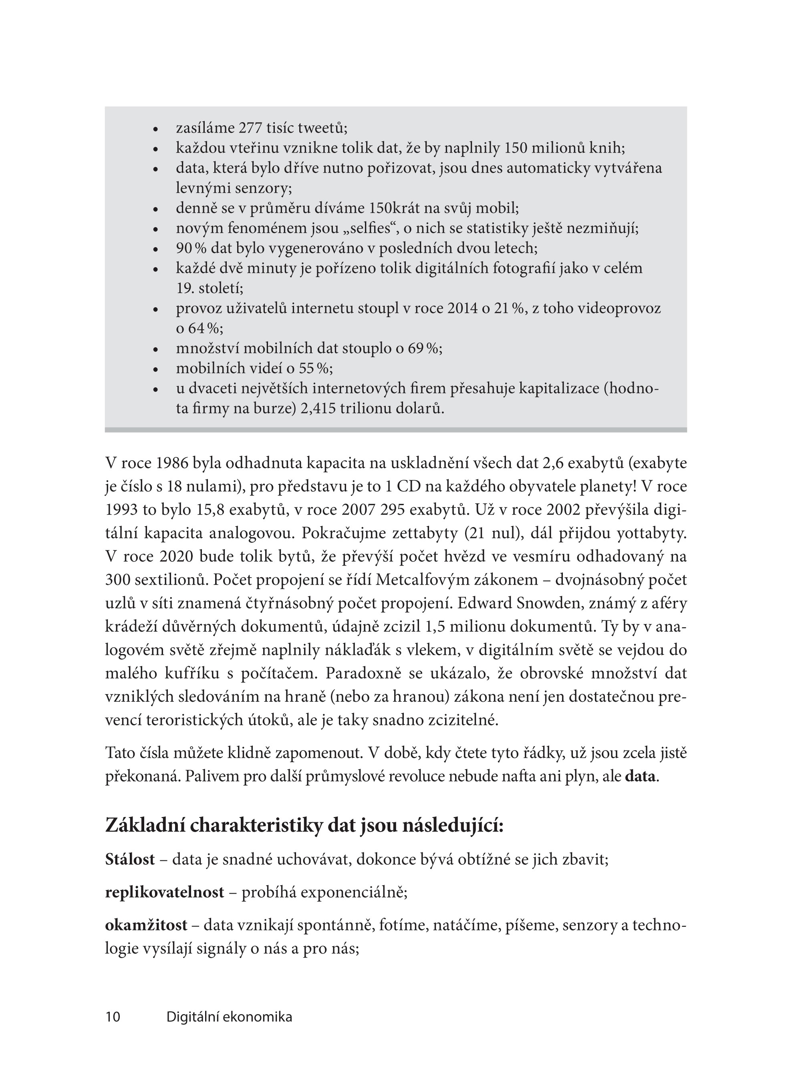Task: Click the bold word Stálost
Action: (130, 860)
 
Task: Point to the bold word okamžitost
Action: (146, 926)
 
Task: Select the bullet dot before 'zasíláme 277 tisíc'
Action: (155, 129)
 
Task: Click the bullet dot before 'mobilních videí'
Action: (155, 370)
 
